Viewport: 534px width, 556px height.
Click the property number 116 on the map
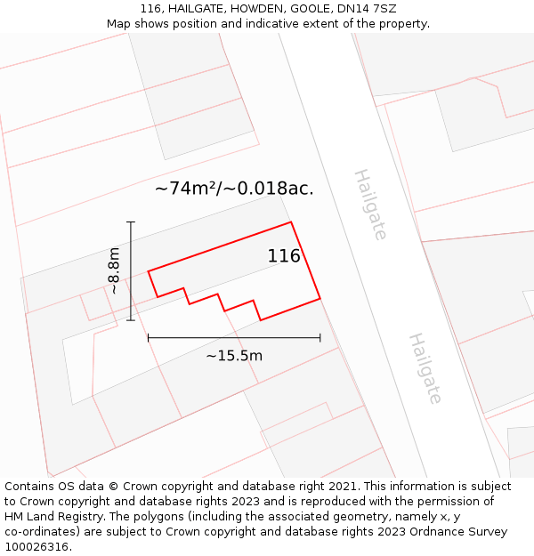pos(284,256)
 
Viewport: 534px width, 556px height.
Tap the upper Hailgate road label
pos(370,205)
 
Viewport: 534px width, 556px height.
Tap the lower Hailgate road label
pos(425,368)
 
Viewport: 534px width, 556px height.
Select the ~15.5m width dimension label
pos(234,356)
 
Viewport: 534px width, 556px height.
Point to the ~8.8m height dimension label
pos(114,270)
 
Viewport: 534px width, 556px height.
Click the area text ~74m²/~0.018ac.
pos(234,189)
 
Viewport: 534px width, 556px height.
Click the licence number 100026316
pos(36,546)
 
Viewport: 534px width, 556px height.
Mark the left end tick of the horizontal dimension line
pos(149,337)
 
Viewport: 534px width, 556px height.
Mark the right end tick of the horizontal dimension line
pos(320,337)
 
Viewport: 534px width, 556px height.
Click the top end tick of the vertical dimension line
pos(131,222)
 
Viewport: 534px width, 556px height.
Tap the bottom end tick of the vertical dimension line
pos(131,320)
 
